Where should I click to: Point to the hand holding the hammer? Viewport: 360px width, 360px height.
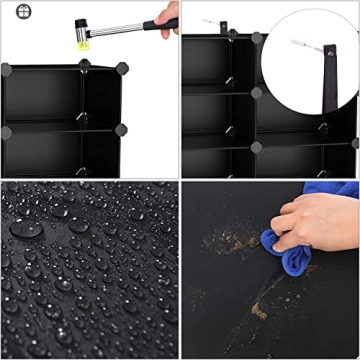coord(169,13)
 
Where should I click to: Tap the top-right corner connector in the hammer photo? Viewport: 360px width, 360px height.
coord(123,67)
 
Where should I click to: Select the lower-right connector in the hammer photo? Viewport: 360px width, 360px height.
coord(122,130)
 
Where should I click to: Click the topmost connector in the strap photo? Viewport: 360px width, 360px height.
coord(257,39)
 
